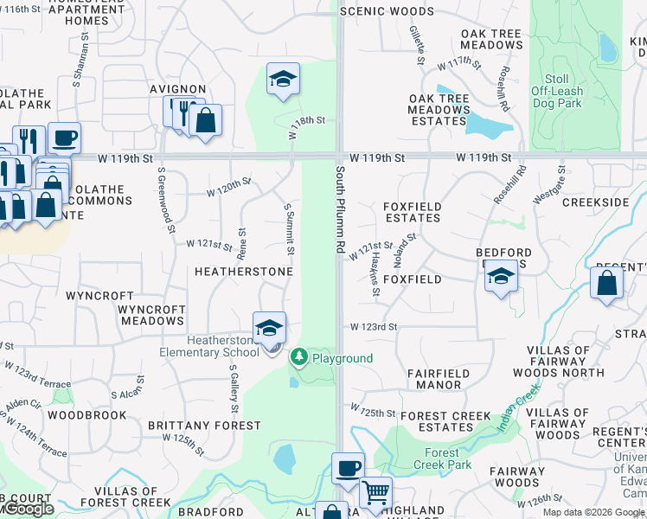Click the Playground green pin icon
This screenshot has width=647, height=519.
(299, 356)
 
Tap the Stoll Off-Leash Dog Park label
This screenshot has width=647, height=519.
(556, 91)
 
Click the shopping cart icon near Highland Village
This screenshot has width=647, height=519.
(375, 493)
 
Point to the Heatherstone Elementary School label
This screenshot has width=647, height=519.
(208, 347)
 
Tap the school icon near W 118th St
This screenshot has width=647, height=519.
(283, 80)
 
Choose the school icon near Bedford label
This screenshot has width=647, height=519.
(501, 276)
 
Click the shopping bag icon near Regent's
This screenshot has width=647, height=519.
(607, 281)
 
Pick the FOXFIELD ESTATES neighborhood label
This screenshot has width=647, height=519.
(412, 212)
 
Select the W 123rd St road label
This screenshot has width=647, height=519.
(373, 327)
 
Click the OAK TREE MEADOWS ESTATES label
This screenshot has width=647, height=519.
(439, 110)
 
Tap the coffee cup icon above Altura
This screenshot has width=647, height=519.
(348, 468)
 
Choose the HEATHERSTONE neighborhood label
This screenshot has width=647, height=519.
(243, 272)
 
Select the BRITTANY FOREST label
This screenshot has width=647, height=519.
(204, 426)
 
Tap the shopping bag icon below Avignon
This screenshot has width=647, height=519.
(206, 120)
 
